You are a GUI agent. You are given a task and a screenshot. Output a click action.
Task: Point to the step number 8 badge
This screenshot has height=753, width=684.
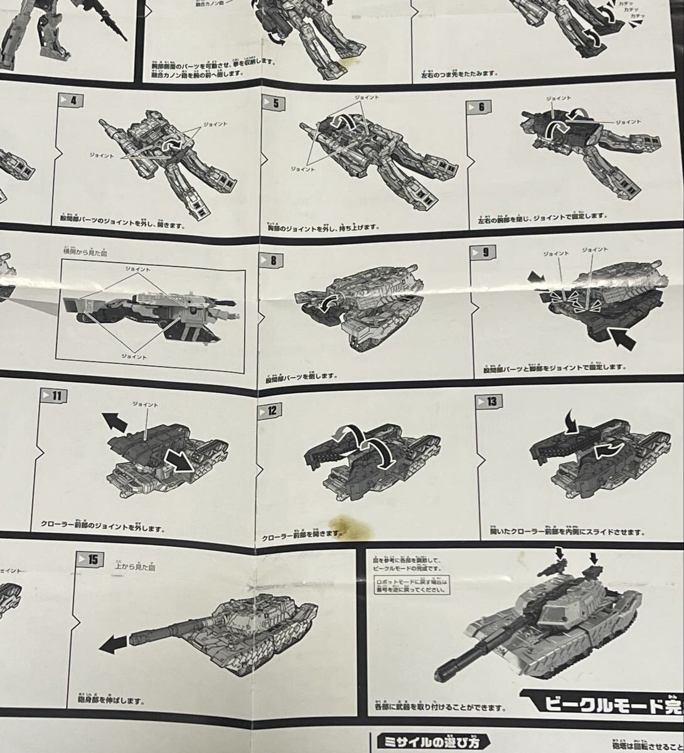274,260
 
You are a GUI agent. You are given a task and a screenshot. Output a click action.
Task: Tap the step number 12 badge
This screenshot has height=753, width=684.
270,410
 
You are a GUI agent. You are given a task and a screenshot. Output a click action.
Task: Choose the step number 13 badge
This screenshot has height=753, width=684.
490,401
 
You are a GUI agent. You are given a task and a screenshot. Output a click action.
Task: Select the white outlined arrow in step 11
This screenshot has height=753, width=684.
179,462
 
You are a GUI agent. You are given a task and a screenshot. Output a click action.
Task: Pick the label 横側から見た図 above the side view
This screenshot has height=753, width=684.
85,252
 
